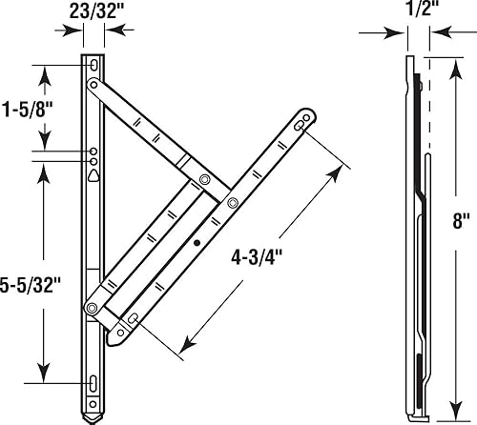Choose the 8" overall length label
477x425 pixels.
point(462,221)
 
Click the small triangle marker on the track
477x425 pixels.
point(93,175)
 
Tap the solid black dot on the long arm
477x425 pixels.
point(197,244)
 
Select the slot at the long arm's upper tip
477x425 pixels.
point(301,124)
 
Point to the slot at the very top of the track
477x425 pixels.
point(93,66)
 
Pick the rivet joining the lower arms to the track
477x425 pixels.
point(93,307)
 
